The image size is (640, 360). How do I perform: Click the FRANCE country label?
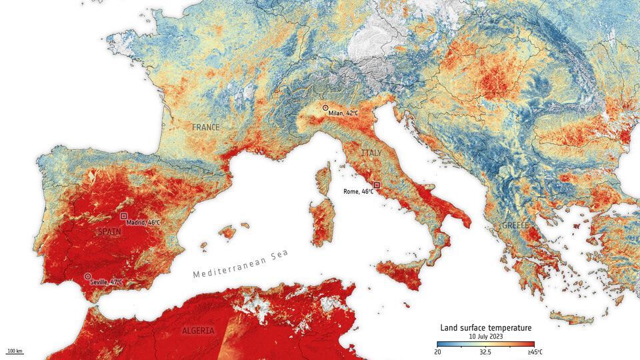[206, 127]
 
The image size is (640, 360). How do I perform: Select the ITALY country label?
[371, 153]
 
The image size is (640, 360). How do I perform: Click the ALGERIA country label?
[198, 331]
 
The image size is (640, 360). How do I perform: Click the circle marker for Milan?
[325, 107]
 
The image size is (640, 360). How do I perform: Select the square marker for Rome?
[377, 185]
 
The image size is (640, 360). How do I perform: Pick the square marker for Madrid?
[123, 216]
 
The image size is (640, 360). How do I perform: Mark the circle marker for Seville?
[87, 276]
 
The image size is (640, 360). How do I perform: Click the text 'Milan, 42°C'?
[343, 113]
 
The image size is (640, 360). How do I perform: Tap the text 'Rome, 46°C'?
[358, 191]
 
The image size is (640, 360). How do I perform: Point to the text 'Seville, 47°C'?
[107, 283]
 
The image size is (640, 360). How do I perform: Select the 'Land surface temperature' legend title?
[485, 327]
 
